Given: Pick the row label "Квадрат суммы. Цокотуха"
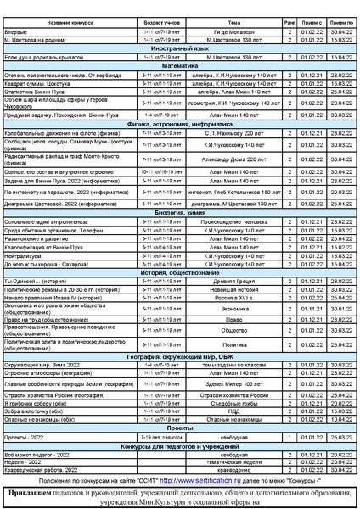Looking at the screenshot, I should (37, 83).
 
